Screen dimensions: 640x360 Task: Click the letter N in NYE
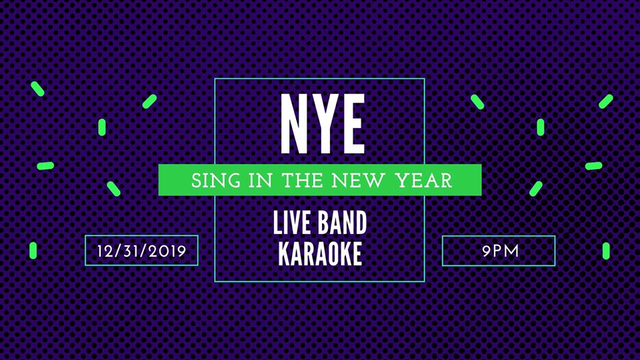tap(294, 124)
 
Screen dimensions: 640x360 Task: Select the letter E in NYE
tap(352, 124)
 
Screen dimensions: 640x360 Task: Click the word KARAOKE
tap(320, 253)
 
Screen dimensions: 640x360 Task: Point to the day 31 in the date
tap(131, 251)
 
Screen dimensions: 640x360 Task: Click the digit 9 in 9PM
tap(486, 251)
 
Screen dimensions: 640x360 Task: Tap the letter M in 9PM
tap(512, 251)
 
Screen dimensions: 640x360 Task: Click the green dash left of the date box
tap(33, 250)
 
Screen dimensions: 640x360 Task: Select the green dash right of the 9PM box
tap(606, 251)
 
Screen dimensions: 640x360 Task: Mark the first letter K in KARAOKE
tap(284, 253)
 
